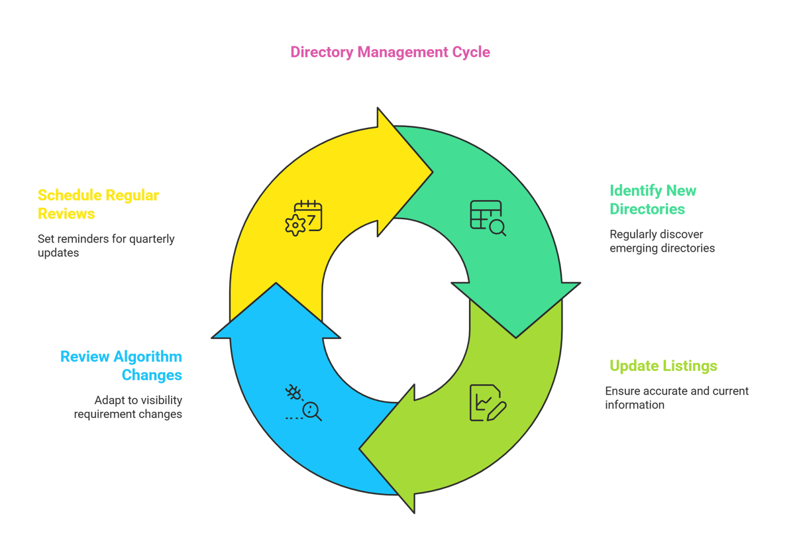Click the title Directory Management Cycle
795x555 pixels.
pos(390,52)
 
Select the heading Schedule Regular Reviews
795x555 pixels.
pos(98,205)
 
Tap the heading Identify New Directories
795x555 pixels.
pos(653,200)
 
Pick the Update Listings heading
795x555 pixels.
pos(663,366)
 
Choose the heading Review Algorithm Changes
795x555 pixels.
pos(121,366)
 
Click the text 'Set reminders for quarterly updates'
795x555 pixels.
pos(106,246)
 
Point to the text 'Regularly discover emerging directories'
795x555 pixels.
pos(662,241)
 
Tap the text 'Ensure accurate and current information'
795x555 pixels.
pos(677,398)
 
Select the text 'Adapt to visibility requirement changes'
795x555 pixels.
pos(128,407)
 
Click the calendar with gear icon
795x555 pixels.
pos(303,218)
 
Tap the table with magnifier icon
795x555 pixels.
pos(488,218)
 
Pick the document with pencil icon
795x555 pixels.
pos(488,403)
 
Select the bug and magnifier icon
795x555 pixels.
pos(303,403)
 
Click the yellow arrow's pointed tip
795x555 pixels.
pos(433,172)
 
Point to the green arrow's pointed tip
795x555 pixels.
pos(515,338)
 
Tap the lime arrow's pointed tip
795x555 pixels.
pos(360,448)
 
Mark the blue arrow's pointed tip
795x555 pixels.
pos(276,283)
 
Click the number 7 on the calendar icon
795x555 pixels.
pos(311,221)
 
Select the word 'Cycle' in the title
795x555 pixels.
pos(471,52)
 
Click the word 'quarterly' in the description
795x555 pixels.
pos(152,239)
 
